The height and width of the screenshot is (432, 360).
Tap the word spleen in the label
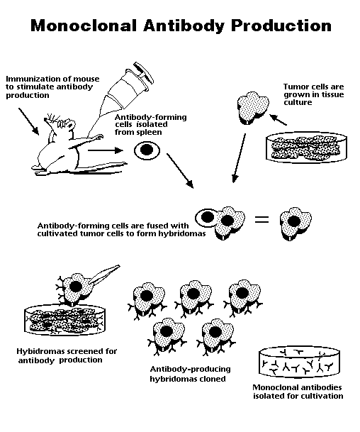[171, 132]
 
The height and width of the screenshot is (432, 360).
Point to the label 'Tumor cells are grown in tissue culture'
[305, 94]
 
